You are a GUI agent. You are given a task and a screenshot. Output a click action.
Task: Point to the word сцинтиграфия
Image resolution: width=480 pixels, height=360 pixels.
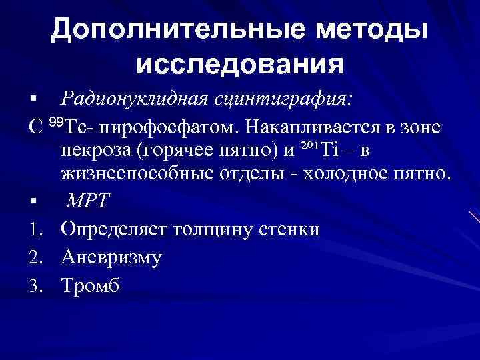point(283,99)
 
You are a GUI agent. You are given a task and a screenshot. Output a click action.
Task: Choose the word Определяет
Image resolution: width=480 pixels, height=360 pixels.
point(115,229)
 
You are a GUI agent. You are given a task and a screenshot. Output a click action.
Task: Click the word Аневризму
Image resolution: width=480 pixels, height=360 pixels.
point(111,257)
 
